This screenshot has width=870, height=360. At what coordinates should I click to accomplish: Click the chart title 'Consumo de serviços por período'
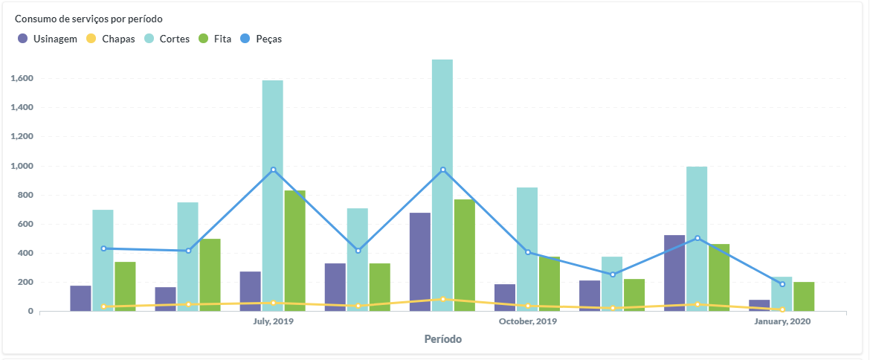(x=88, y=19)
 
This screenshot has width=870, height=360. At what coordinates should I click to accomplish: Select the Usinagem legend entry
(x=48, y=39)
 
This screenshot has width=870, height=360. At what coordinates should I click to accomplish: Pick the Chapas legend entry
(x=112, y=39)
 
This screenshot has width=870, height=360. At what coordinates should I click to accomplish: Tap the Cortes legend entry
(x=167, y=39)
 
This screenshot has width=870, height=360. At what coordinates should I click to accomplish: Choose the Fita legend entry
(x=215, y=39)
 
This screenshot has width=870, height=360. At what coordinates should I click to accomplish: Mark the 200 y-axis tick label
(x=26, y=283)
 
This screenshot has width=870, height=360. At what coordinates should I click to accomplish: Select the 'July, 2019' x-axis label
(x=273, y=321)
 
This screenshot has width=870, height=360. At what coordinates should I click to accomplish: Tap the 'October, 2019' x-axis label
(x=527, y=321)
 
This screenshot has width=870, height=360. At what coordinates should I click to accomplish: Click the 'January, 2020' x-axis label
(x=782, y=321)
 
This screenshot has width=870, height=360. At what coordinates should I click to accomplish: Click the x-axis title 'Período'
(x=442, y=339)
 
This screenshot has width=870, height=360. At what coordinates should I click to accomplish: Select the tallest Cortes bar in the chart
(x=442, y=186)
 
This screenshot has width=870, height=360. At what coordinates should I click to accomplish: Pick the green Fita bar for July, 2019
(x=294, y=251)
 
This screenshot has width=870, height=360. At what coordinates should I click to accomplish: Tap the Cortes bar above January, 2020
(x=782, y=294)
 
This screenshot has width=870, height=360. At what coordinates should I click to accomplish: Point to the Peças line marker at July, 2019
(x=273, y=170)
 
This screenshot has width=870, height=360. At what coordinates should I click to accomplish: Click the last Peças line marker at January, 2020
(x=782, y=284)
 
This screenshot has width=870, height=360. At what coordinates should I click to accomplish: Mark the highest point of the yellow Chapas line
(x=443, y=299)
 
